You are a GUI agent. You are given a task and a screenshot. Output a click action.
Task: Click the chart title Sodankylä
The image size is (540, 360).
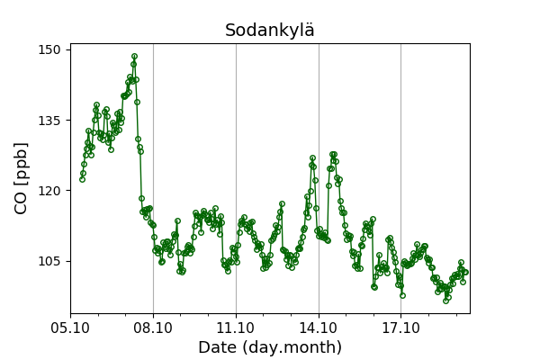click(270, 31)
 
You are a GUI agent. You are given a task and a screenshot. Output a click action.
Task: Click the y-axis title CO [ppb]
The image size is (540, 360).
click(21, 177)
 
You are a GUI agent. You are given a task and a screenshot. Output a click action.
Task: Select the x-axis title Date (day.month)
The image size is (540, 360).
click(270, 347)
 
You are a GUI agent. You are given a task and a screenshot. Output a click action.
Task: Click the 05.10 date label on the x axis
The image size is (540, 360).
click(70, 327)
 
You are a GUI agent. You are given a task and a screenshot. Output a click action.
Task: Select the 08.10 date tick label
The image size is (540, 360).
click(153, 327)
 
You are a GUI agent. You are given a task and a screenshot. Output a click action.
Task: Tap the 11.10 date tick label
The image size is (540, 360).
click(236, 327)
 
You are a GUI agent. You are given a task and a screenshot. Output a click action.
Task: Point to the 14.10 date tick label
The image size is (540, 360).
click(319, 327)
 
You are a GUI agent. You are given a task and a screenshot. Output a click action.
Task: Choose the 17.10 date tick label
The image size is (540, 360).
click(400, 327)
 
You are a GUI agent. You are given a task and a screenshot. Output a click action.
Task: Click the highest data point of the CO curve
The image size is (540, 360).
click(134, 57)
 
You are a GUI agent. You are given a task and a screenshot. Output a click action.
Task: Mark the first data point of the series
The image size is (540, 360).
click(82, 179)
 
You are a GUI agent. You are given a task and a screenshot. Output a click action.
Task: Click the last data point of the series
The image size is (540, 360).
click(465, 272)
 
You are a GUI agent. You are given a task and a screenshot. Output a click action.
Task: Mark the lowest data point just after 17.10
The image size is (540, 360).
click(402, 295)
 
